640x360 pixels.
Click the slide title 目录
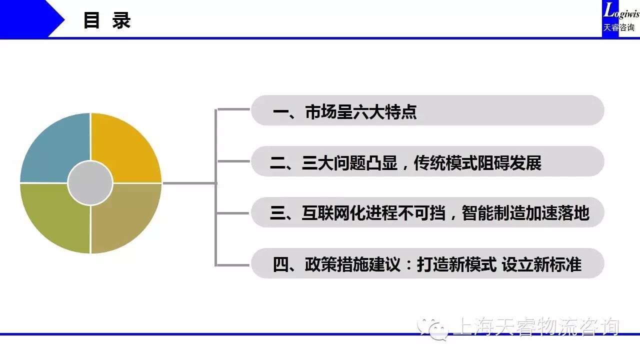point(107,20)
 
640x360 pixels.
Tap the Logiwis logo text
point(621,11)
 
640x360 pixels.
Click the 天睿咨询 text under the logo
point(618,27)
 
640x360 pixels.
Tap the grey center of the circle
point(90,183)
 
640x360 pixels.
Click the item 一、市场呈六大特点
point(344,111)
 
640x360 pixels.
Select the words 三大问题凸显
point(349,163)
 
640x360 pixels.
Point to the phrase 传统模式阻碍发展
point(477,163)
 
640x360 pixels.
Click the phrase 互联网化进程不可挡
point(373,213)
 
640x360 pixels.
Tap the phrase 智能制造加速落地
point(525,213)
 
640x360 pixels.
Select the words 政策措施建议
point(352,264)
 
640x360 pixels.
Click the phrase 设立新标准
point(541,264)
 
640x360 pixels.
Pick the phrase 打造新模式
point(456,264)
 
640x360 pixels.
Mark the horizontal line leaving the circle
point(189,183)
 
